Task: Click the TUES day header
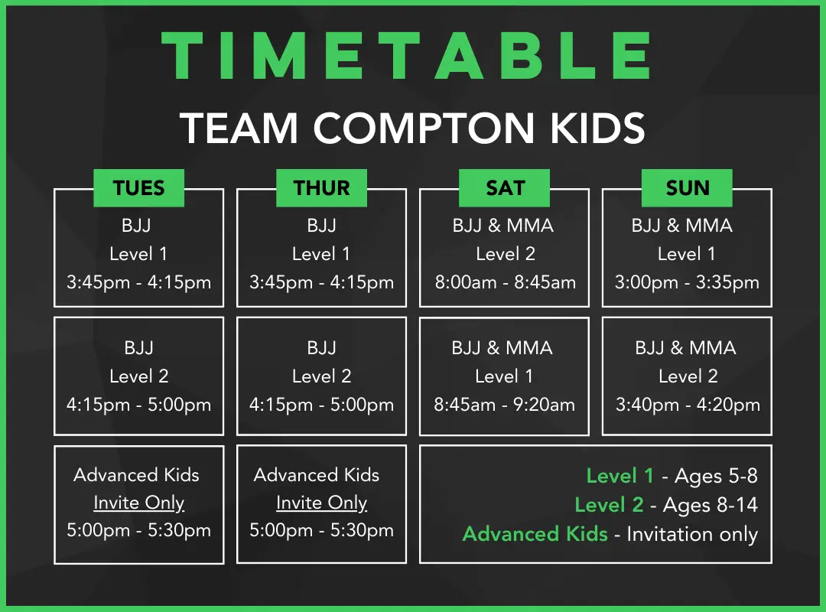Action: tap(139, 188)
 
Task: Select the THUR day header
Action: tap(321, 188)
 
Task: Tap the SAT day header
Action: tap(504, 188)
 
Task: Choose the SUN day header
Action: tap(687, 188)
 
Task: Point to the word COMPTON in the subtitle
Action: tap(424, 128)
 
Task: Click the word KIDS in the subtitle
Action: tap(597, 128)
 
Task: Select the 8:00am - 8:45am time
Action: tap(506, 282)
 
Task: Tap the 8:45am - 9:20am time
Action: tap(504, 405)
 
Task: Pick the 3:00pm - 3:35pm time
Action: tap(687, 282)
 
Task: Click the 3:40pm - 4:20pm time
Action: tap(688, 405)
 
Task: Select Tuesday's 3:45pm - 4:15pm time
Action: tap(138, 282)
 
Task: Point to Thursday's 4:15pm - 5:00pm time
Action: tap(321, 405)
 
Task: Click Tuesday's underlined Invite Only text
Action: tap(139, 503)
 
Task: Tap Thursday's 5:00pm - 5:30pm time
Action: tap(321, 530)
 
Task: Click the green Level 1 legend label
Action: tap(620, 476)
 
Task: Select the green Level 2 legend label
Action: tap(609, 505)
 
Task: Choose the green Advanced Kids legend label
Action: tap(535, 534)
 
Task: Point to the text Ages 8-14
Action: tap(710, 505)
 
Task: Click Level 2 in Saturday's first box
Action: tap(506, 254)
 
